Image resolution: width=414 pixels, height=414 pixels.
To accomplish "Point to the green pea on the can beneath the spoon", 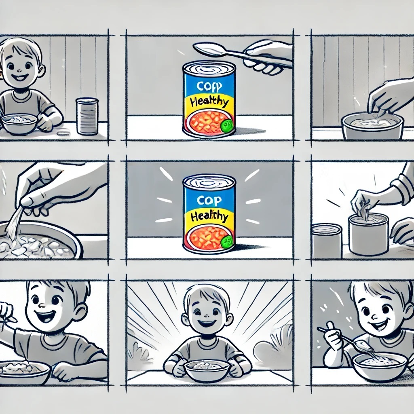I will pos(226,126).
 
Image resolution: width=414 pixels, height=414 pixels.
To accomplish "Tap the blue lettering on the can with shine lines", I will pos(209,199).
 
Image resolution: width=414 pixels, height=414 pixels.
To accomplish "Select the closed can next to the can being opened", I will pos(327,241).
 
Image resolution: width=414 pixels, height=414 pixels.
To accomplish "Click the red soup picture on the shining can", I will pos(206,237).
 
